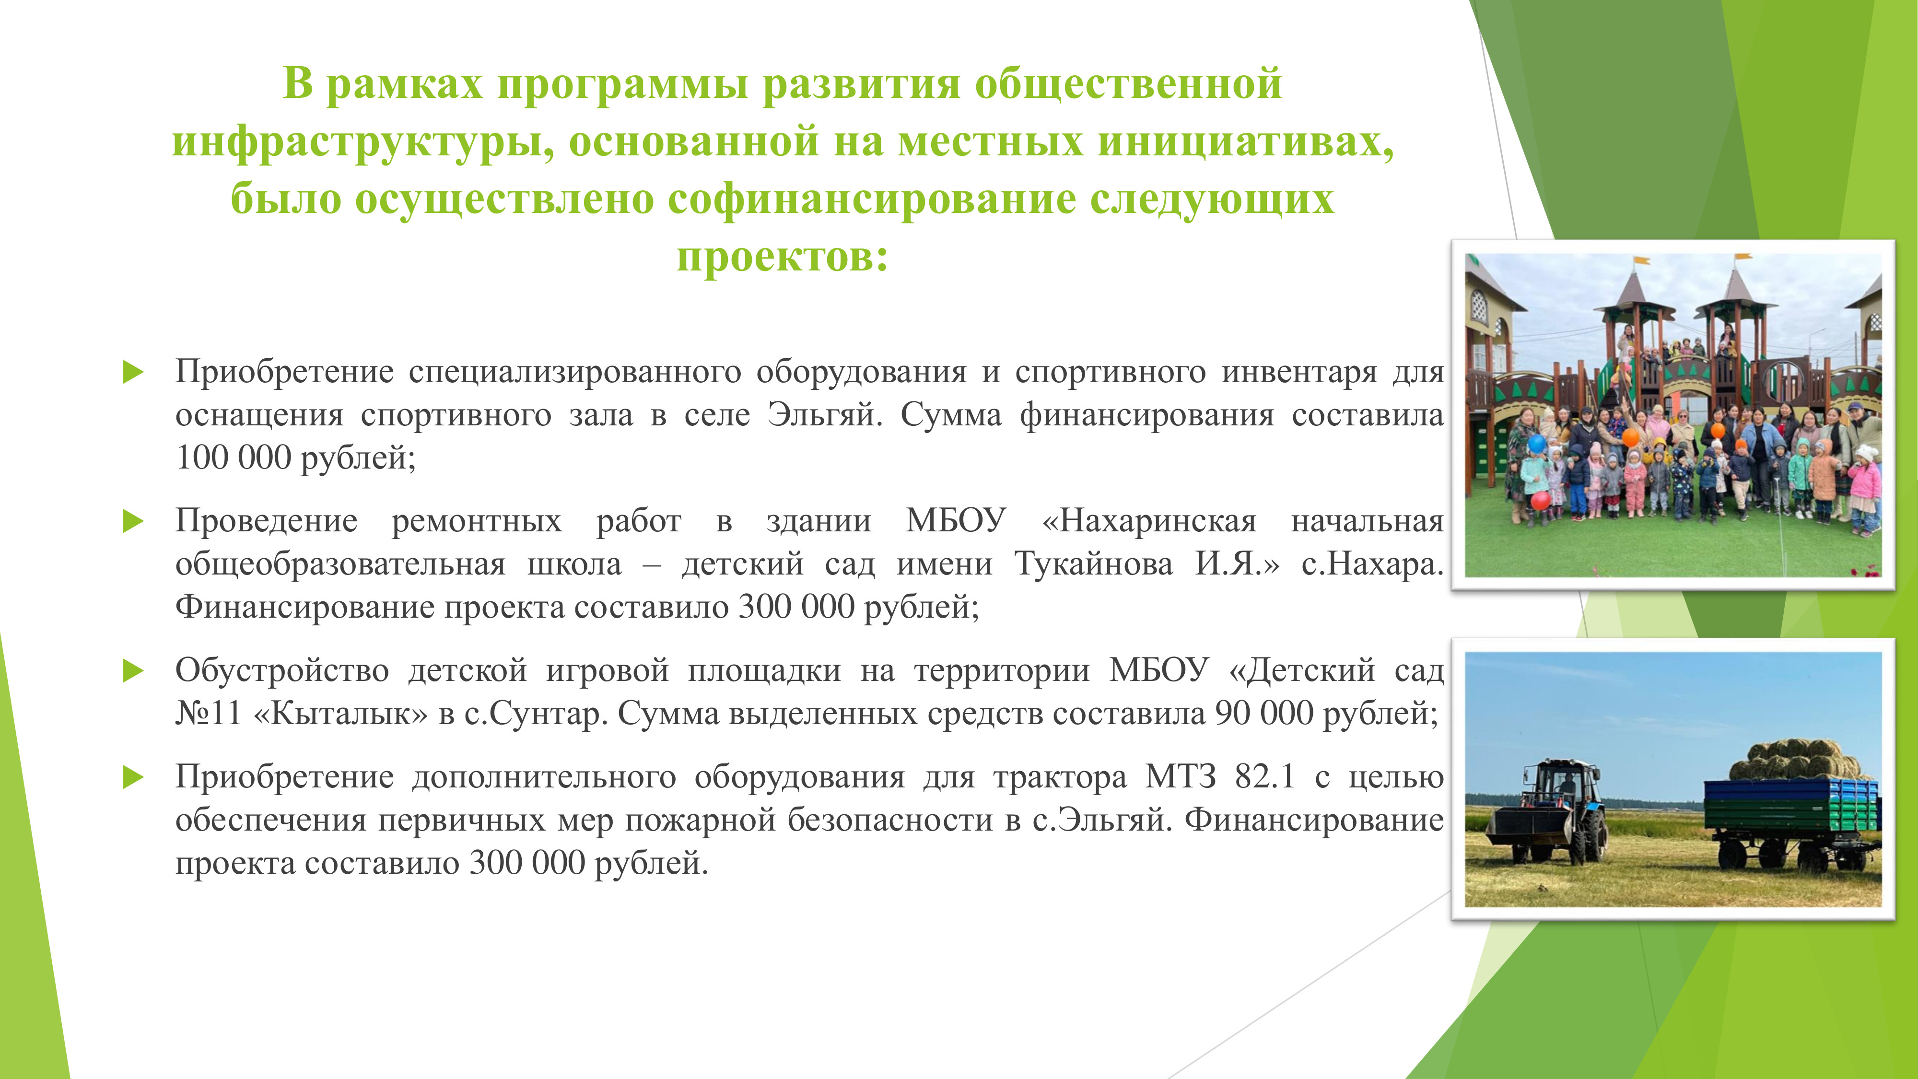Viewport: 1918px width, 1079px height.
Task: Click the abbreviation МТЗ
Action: (1180, 777)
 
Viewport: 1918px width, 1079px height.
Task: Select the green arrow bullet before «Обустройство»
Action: (132, 671)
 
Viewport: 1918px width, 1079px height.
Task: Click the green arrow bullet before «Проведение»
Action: (132, 521)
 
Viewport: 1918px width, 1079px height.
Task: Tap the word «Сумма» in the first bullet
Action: (951, 415)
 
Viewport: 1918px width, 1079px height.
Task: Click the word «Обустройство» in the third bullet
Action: (282, 670)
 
